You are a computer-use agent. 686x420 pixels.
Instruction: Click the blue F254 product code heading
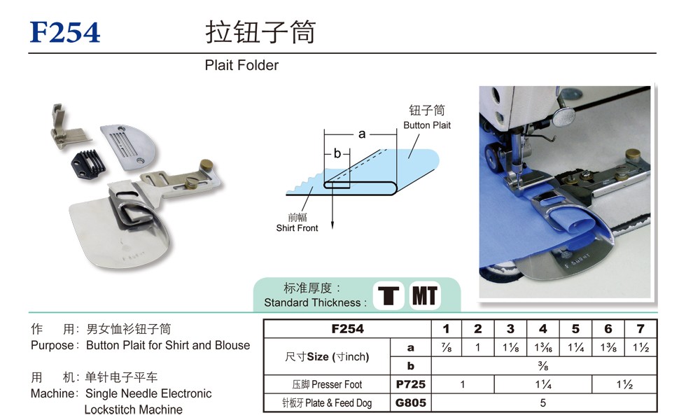[64, 32]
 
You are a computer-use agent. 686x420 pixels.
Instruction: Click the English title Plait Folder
[241, 65]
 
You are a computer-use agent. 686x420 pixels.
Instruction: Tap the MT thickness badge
[424, 295]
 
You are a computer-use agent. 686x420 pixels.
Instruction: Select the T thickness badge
[388, 295]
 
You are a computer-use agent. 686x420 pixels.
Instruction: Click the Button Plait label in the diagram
[427, 125]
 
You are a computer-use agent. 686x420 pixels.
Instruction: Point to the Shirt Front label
[297, 228]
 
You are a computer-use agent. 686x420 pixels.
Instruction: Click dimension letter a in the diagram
[362, 134]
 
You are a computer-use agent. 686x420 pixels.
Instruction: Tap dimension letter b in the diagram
[337, 153]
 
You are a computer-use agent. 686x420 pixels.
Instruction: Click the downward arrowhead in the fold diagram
[332, 225]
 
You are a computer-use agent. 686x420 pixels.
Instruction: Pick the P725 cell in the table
[410, 384]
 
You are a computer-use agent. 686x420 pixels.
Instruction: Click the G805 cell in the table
[410, 402]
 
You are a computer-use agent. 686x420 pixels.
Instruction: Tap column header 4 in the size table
[543, 328]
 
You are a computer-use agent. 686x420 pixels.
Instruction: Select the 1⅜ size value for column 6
[608, 347]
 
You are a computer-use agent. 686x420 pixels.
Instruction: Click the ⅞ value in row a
[447, 347]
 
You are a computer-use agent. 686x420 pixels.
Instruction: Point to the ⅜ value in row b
[543, 365]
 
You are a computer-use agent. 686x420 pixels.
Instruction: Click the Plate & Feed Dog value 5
[543, 402]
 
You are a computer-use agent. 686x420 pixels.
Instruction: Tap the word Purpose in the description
[52, 345]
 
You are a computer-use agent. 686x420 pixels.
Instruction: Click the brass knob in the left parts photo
[206, 165]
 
